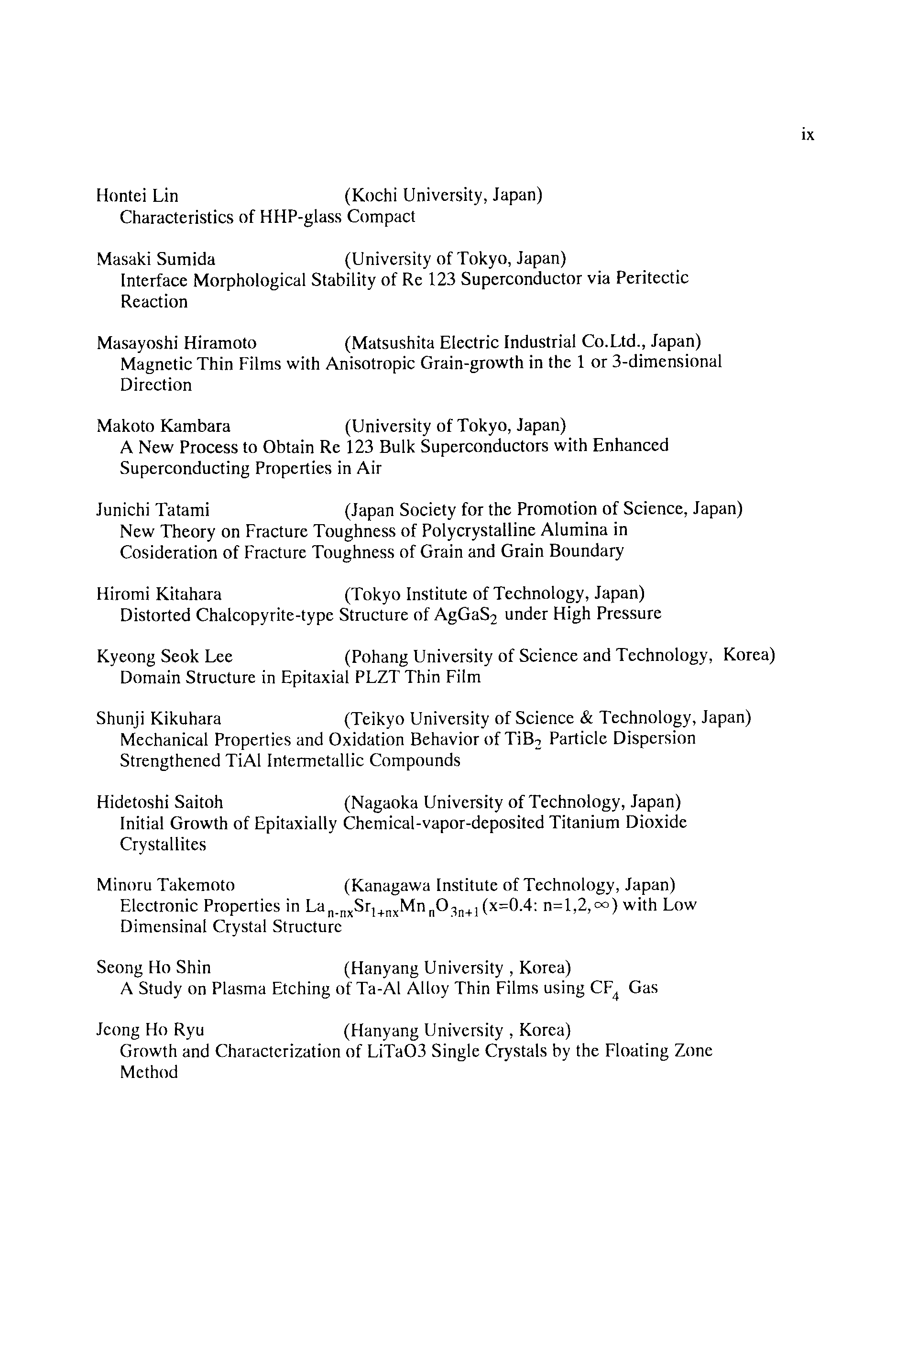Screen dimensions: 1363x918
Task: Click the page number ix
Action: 808,135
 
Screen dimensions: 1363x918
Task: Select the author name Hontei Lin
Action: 137,196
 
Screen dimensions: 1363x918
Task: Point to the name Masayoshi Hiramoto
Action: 176,342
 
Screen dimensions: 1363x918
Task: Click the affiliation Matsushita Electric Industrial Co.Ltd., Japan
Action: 522,341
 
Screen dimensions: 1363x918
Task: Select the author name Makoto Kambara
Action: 164,426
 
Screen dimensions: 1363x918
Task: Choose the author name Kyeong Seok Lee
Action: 164,656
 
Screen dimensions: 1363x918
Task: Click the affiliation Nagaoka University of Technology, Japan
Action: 512,802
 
